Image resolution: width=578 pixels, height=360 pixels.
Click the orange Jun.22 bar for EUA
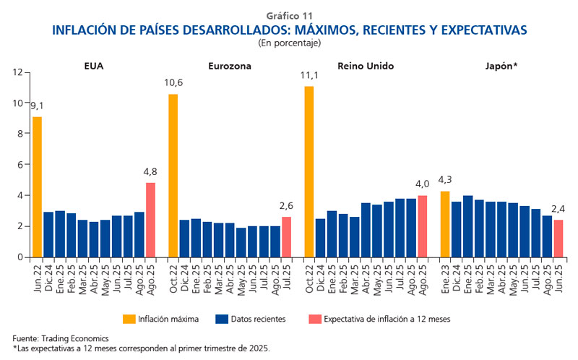tap(37, 187)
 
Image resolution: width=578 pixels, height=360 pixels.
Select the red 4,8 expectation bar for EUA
tap(150, 220)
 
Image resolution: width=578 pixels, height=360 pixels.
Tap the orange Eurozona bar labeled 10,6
tap(173, 176)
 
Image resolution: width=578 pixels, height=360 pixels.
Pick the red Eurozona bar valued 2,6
tap(286, 237)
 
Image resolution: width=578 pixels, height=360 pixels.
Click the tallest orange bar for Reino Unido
tap(309, 171)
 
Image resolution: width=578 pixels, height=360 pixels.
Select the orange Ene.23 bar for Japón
tap(444, 224)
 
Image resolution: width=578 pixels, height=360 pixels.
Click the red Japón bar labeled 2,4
tap(558, 239)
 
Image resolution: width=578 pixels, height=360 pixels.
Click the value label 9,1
tap(37, 106)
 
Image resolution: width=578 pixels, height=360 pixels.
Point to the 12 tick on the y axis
tap(17, 72)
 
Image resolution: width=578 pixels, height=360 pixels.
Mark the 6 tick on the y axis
tap(20, 165)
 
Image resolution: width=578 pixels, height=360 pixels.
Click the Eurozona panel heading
tap(229, 66)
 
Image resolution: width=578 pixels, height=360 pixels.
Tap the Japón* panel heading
tap(501, 66)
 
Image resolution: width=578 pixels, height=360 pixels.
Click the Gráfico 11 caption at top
tap(289, 15)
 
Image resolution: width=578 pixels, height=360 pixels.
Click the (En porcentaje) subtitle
tap(289, 43)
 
